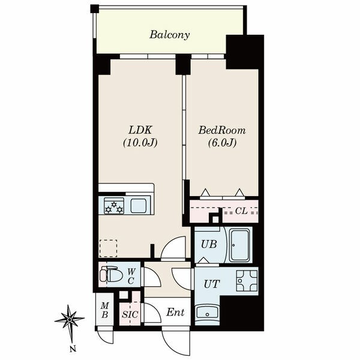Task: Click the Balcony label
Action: coord(169,35)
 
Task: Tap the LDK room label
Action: coord(140,130)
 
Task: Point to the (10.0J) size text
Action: coord(140,143)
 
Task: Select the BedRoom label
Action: coord(222,130)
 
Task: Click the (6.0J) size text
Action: coord(222,143)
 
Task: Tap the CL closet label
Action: coord(241,211)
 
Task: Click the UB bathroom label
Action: coord(209,244)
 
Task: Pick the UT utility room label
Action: coord(212,284)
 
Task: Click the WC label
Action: coord(131,276)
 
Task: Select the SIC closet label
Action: coord(130,314)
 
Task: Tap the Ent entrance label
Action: coord(175,312)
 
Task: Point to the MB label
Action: coord(104,310)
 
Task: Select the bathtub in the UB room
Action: coord(239,245)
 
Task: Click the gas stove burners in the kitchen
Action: coord(114,206)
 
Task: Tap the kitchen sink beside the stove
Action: coord(139,205)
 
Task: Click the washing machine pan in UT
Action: coord(247,281)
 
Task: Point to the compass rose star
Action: coord(70,319)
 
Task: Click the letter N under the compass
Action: coord(73,349)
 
